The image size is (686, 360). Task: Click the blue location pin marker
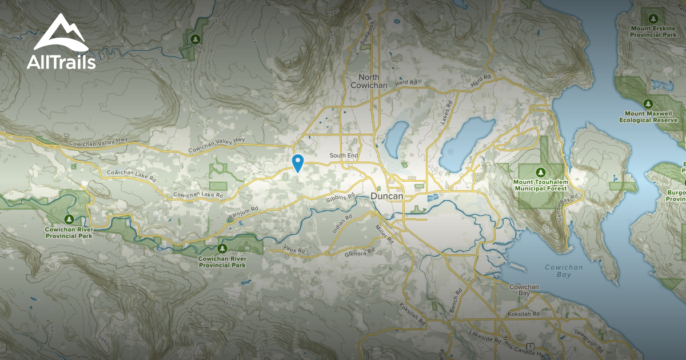(x=297, y=163)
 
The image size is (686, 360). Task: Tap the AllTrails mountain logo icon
(x=61, y=34)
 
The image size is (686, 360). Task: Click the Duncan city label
(x=386, y=196)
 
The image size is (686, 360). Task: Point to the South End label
(x=344, y=155)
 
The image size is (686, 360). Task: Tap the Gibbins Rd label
(x=340, y=198)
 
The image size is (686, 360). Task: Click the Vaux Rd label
(x=295, y=250)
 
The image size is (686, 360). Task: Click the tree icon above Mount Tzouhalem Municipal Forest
(x=540, y=172)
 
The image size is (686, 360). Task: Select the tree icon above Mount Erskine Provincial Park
(x=652, y=17)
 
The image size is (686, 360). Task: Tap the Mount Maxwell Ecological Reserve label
(x=648, y=117)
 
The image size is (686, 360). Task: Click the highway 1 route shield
(x=531, y=347)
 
